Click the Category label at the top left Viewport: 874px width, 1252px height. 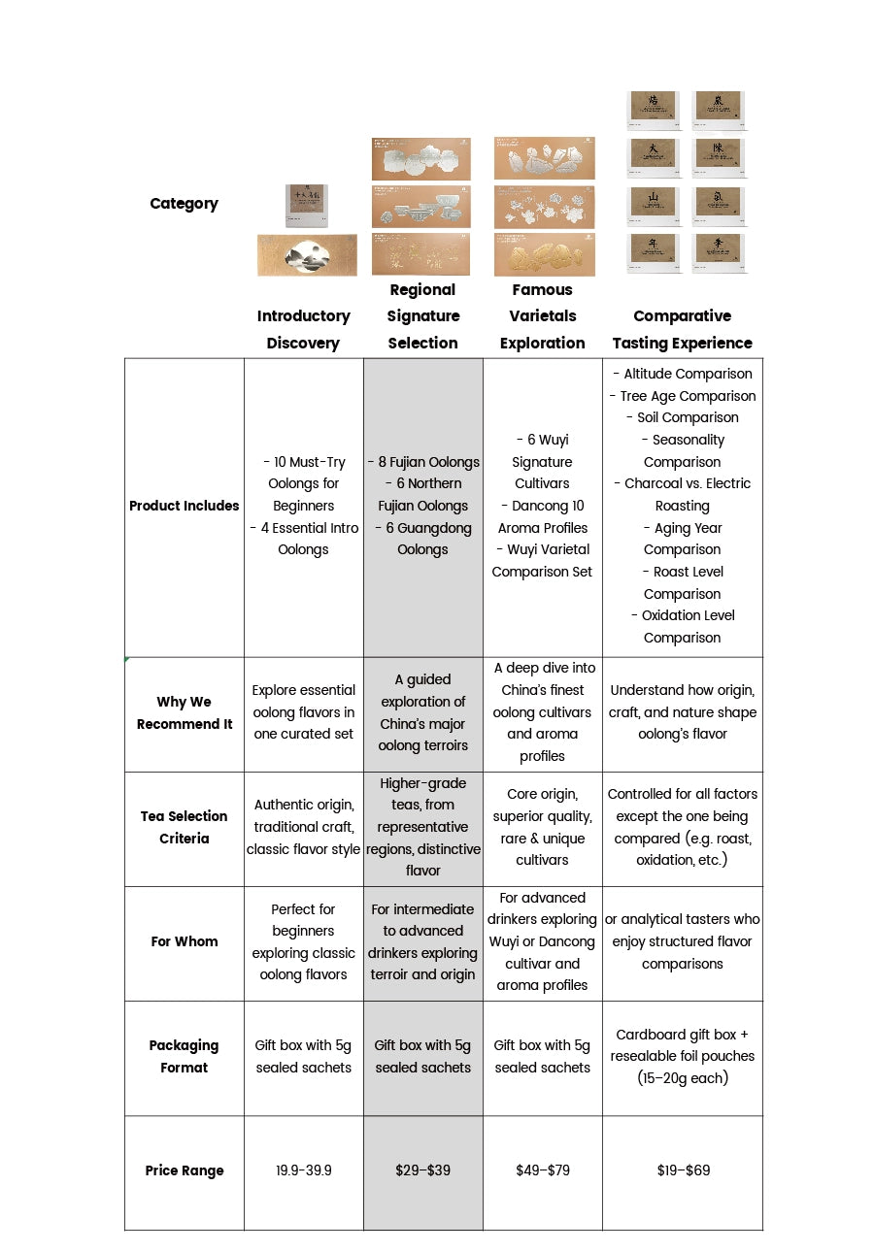pyautogui.click(x=184, y=204)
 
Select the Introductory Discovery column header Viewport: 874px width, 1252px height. pyautogui.click(x=303, y=329)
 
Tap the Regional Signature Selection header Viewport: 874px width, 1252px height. pyautogui.click(x=422, y=316)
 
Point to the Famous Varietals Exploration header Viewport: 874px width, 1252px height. pyautogui.click(x=542, y=316)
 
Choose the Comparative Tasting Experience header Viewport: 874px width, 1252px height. pyautogui.click(x=682, y=329)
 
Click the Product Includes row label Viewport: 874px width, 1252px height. pyautogui.click(x=184, y=506)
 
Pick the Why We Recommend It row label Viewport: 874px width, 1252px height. pyautogui.click(x=184, y=713)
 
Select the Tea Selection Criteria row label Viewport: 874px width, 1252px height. pyautogui.click(x=184, y=827)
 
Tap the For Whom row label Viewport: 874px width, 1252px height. pyautogui.click(x=184, y=941)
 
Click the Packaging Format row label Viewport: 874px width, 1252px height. pyautogui.click(x=184, y=1056)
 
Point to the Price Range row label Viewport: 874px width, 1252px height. pyautogui.click(x=184, y=1170)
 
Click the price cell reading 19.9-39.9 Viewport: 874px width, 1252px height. pyautogui.click(x=303, y=1170)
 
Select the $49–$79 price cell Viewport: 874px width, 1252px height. pyautogui.click(x=542, y=1170)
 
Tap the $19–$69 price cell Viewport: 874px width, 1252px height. pyautogui.click(x=683, y=1170)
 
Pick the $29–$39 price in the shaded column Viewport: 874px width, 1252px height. pyautogui.click(x=422, y=1170)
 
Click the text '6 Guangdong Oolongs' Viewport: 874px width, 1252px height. pyautogui.click(x=423, y=539)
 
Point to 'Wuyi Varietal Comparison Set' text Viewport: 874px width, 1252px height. pyautogui.click(x=542, y=561)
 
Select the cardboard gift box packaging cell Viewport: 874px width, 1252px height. pyautogui.click(x=683, y=1056)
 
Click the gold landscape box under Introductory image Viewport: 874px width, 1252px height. pyautogui.click(x=307, y=254)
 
